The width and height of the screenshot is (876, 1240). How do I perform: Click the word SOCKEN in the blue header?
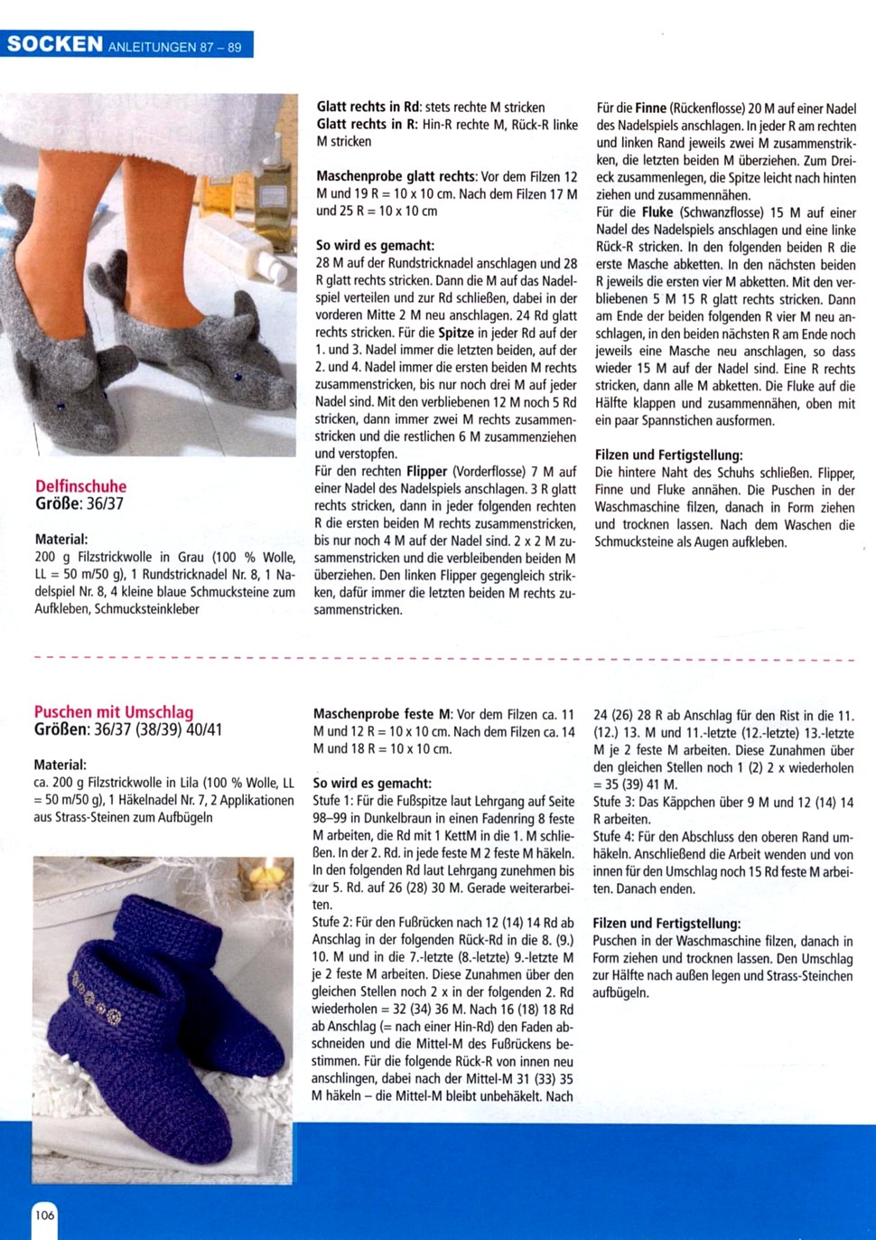tap(55, 44)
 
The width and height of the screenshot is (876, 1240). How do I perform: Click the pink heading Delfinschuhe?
tap(81, 486)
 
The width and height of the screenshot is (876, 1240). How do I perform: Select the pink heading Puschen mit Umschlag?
tap(114, 712)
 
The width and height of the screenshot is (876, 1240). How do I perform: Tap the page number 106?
tap(44, 1214)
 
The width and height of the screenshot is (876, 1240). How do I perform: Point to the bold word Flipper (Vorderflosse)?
tap(427, 472)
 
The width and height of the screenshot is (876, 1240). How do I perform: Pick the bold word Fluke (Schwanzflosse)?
tap(657, 213)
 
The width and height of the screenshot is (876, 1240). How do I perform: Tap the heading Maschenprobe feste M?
tap(383, 714)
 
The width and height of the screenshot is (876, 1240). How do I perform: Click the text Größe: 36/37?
tap(79, 504)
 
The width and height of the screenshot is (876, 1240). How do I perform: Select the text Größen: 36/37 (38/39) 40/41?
tap(128, 729)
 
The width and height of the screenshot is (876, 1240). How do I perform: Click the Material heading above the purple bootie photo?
tap(60, 765)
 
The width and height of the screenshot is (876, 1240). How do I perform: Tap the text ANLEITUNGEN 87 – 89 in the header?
tap(175, 47)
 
